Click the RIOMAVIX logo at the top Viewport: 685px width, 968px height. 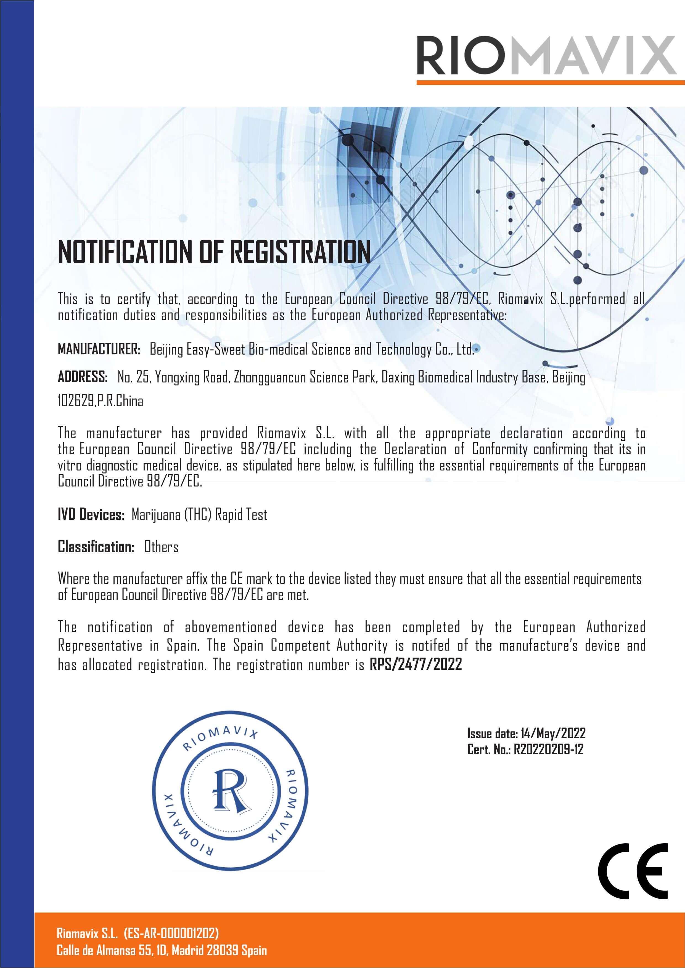(x=546, y=56)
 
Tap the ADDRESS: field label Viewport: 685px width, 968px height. (x=83, y=376)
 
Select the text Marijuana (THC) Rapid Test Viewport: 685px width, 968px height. (x=199, y=514)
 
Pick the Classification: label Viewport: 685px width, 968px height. (x=96, y=547)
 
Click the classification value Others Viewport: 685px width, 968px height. (x=161, y=547)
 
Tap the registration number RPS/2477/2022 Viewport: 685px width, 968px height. (x=416, y=664)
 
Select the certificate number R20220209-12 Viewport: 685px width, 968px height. (x=548, y=749)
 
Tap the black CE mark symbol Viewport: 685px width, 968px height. (x=633, y=871)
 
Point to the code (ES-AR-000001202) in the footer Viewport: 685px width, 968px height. (x=171, y=933)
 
